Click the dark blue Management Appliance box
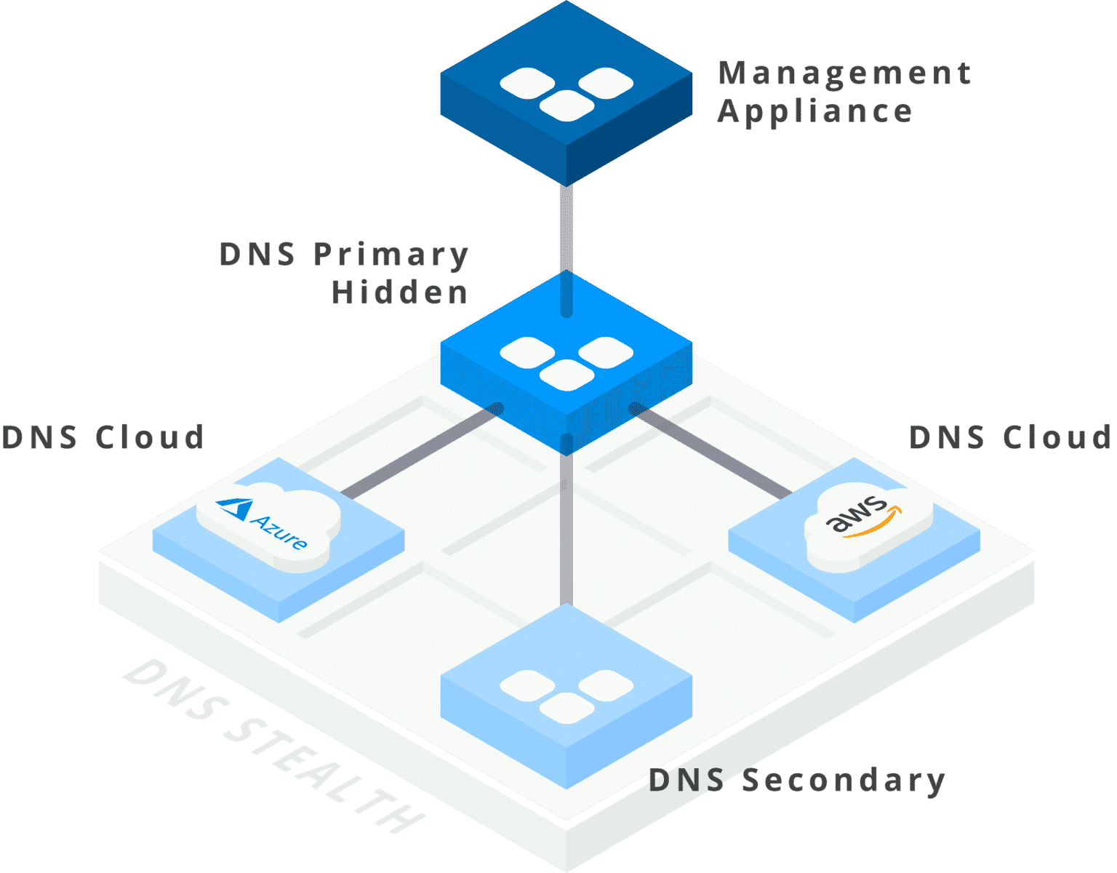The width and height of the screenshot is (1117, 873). [566, 95]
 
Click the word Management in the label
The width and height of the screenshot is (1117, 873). [844, 73]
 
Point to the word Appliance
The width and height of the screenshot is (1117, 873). [814, 112]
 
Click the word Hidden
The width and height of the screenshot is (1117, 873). [399, 292]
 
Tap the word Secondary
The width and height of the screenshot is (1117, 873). [844, 781]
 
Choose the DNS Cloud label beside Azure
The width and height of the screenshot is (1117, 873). [103, 438]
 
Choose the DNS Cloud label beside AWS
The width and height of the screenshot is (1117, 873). [1010, 438]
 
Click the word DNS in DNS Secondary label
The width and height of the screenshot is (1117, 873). [686, 781]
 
